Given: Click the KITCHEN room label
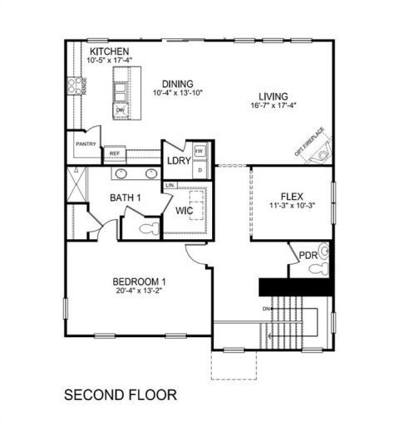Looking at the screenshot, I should [109, 51].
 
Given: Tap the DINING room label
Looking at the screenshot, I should [178, 84].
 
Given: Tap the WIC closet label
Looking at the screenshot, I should [184, 211].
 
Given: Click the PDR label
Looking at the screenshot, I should [308, 255].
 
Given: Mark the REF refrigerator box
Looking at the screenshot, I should [112, 154].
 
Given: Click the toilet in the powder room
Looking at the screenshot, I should [324, 260].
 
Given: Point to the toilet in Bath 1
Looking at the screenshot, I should [148, 227].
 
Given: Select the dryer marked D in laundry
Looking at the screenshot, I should [200, 169].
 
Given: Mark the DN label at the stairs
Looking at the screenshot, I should [265, 310].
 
